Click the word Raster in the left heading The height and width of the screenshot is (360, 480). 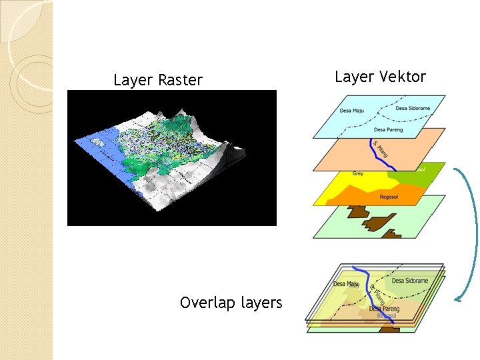coord(180,81)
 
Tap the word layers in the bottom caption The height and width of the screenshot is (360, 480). coord(262,303)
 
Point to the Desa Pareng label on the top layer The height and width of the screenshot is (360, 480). coord(389,129)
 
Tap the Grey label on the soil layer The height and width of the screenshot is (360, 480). coord(358,174)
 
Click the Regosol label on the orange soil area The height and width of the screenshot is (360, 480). coord(389,197)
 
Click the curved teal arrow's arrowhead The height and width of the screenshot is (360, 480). coord(459,299)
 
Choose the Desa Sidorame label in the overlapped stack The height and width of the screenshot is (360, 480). coord(410,281)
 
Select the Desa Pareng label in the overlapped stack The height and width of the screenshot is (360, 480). coord(384,309)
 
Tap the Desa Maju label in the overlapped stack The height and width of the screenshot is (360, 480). coord(346,285)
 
